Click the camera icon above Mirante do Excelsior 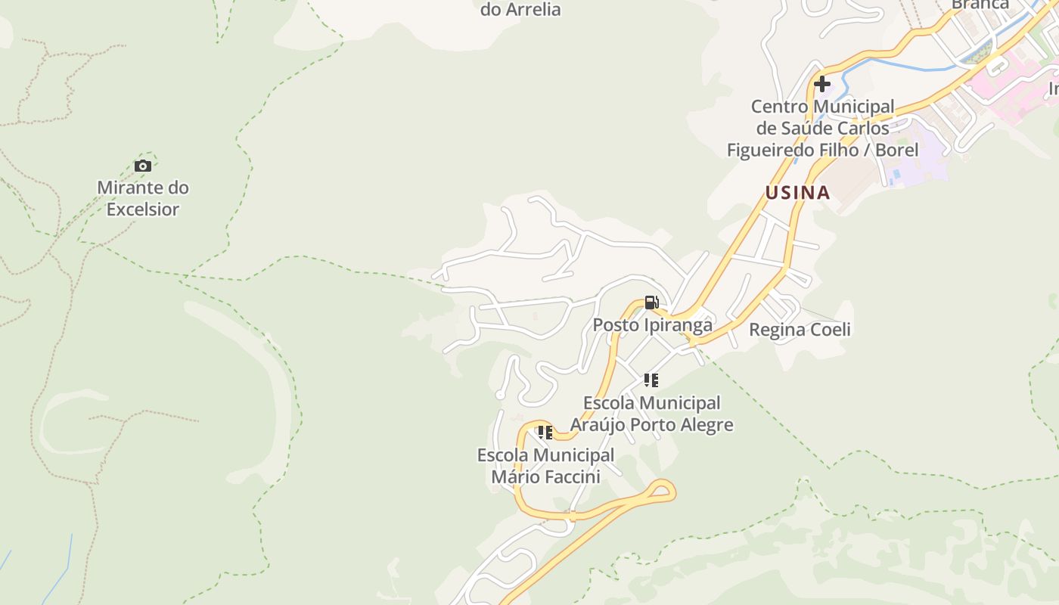pyautogui.click(x=142, y=166)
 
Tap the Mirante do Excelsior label pyautogui.click(x=143, y=198)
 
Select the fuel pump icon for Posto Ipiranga pyautogui.click(x=651, y=303)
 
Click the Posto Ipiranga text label pyautogui.click(x=652, y=325)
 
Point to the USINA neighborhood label pyautogui.click(x=797, y=193)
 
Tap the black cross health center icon pyautogui.click(x=822, y=84)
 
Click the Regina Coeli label pyautogui.click(x=800, y=330)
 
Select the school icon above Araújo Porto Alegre pyautogui.click(x=651, y=380)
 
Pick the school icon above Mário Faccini pyautogui.click(x=545, y=433)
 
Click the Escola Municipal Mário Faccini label pyautogui.click(x=545, y=466)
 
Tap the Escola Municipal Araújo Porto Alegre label pyautogui.click(x=651, y=414)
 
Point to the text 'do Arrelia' pyautogui.click(x=520, y=10)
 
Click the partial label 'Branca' pyautogui.click(x=980, y=5)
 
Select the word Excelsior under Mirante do pyautogui.click(x=143, y=209)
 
